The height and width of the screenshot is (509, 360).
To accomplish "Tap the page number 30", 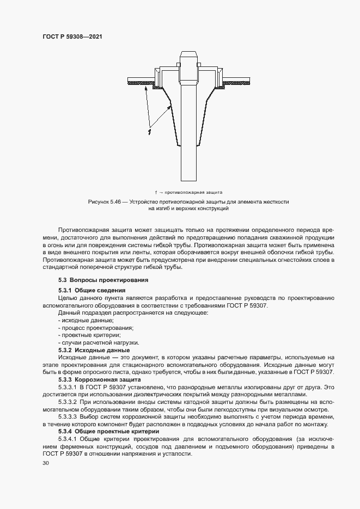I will tap(45, 463).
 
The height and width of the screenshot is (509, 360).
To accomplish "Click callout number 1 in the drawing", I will tap(149, 131).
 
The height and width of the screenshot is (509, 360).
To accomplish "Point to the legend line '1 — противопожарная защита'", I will tap(188, 192).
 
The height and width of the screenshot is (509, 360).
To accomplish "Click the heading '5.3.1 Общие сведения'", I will tap(88, 291).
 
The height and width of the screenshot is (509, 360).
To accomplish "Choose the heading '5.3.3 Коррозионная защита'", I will tap(99, 379).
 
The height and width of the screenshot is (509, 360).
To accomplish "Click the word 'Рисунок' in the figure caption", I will tap(99, 202).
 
